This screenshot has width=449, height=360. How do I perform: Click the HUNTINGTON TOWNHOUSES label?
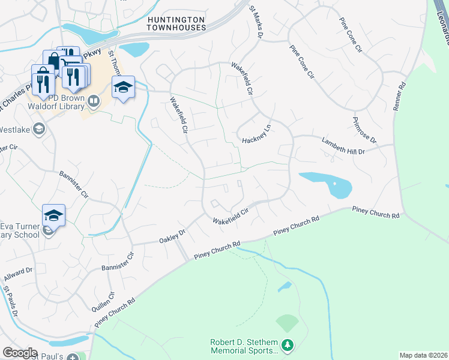point(176,24)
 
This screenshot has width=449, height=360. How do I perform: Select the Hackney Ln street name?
point(257,135)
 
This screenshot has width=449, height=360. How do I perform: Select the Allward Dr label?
point(18,275)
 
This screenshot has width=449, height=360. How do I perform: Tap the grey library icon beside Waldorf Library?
point(93,101)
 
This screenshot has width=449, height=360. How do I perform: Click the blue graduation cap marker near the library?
point(123,88)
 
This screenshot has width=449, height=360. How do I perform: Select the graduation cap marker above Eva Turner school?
point(53,215)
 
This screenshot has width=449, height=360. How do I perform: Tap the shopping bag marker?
point(54,61)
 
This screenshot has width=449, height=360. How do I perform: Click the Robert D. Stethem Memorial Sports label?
point(244,346)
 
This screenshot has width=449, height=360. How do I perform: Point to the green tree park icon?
point(288,345)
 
